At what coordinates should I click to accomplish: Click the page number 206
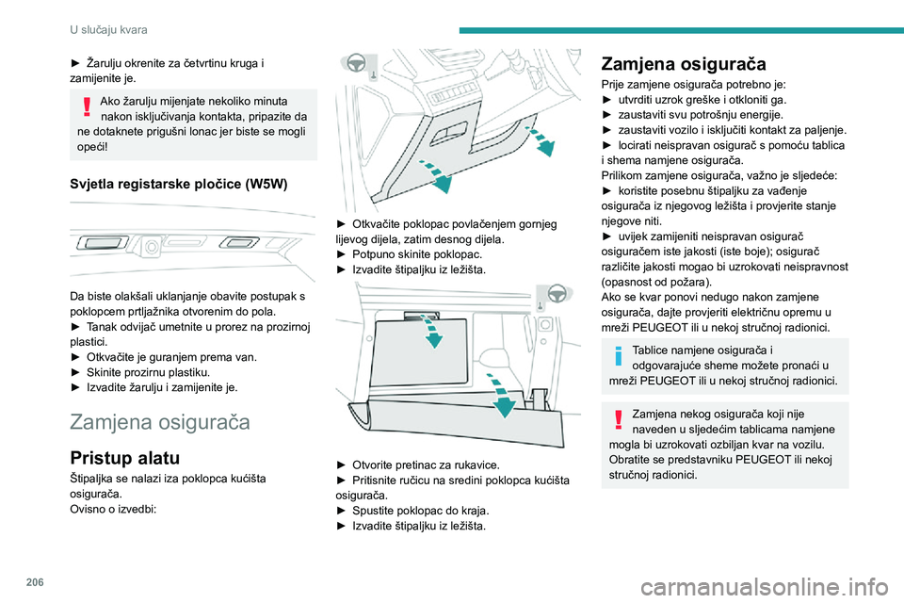coord(35,582)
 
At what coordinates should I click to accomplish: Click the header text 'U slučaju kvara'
coord(108,29)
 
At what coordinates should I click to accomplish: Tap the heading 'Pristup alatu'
coord(124,458)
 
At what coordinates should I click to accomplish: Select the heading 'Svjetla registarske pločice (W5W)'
coord(179,184)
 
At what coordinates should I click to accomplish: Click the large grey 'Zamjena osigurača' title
coord(160,422)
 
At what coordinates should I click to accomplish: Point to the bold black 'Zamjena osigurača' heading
coord(684,63)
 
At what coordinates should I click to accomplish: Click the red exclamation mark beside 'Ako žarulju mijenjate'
coord(87,106)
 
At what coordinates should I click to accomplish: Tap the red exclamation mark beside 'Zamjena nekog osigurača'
coord(618,419)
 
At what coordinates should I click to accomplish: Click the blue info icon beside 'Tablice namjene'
coord(618,356)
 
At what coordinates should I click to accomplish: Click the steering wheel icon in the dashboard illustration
coord(356,62)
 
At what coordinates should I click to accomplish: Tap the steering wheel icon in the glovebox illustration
coord(557,294)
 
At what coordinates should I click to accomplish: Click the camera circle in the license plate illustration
coord(151,247)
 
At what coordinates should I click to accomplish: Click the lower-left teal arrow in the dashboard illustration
coord(437,176)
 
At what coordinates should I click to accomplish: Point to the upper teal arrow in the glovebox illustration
coord(431,331)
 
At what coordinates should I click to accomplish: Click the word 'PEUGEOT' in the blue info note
coord(668,381)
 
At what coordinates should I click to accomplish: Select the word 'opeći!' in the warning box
coord(92,147)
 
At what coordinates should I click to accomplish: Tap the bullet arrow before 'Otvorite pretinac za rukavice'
coord(341,465)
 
